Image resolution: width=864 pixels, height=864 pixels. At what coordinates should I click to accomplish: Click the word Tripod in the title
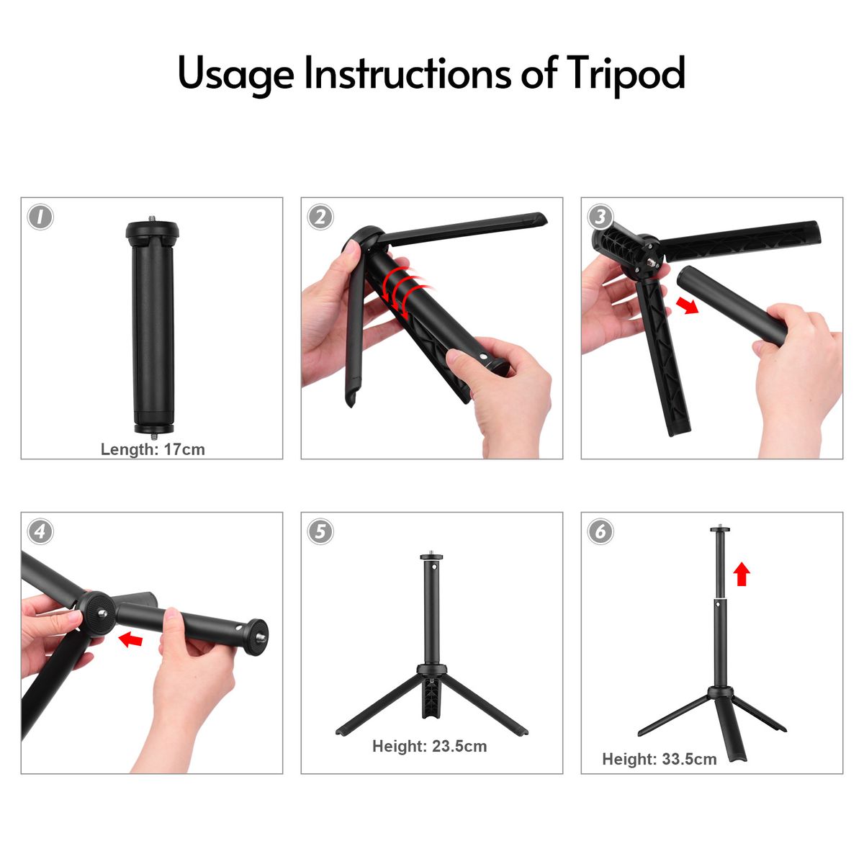coord(626,75)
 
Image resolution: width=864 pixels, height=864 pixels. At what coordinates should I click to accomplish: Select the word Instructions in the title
coord(408,72)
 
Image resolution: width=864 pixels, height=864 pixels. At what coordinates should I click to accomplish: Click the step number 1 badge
coord(40,217)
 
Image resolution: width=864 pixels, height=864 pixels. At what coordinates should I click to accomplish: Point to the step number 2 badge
coord(320,217)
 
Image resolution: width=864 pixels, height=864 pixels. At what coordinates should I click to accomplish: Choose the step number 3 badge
coord(600,217)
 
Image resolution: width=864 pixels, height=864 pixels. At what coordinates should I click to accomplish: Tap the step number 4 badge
coord(40,532)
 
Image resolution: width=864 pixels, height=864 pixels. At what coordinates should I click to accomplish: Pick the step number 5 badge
coord(320,532)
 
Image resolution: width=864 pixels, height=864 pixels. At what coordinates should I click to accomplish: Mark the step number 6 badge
coord(600,532)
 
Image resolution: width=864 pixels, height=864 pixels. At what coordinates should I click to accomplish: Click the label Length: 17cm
coord(153,449)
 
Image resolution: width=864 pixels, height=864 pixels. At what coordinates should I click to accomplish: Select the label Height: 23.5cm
coord(430,746)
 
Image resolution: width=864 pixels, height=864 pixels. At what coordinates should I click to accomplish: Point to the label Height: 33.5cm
coord(659,759)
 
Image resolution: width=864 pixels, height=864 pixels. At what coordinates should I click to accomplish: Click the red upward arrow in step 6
coord(742,574)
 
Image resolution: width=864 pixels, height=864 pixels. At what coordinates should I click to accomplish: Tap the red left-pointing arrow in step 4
coord(130,639)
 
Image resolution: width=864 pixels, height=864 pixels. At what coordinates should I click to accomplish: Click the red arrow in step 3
coord(688,306)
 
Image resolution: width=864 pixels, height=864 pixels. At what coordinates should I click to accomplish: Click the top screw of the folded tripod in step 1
coord(152,220)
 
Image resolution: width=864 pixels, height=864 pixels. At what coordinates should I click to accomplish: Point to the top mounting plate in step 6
coord(721,530)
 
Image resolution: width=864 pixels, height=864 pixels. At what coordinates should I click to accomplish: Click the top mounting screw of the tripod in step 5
coord(432,553)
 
